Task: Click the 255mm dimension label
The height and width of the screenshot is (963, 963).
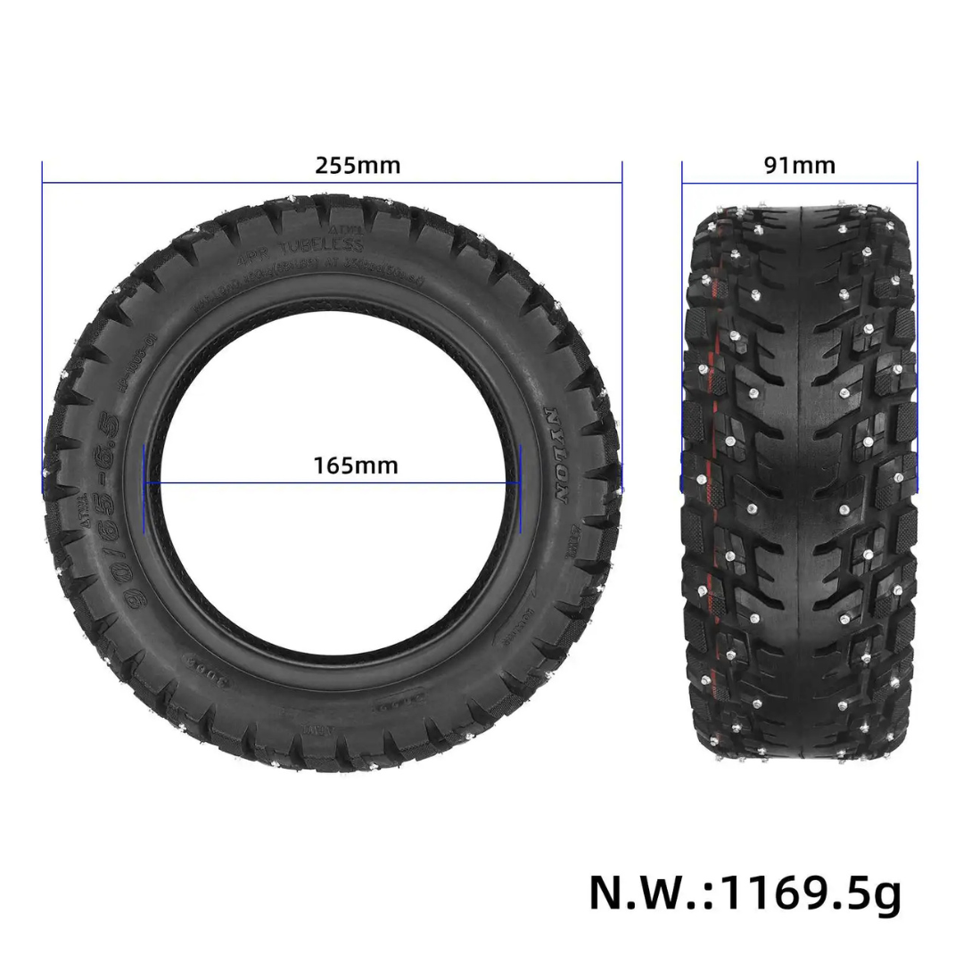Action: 358,166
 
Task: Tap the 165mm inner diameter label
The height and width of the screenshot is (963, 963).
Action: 356,465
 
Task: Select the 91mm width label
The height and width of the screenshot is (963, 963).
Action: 799,166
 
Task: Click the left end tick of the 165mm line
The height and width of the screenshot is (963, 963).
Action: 144,482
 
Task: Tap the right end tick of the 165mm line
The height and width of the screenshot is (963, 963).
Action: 520,482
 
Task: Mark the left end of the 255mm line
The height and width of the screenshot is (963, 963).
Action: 43,184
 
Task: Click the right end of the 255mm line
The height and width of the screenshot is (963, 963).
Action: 621,184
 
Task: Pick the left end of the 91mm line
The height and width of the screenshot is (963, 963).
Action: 683,184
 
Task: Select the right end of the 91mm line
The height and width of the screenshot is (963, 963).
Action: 917,184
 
